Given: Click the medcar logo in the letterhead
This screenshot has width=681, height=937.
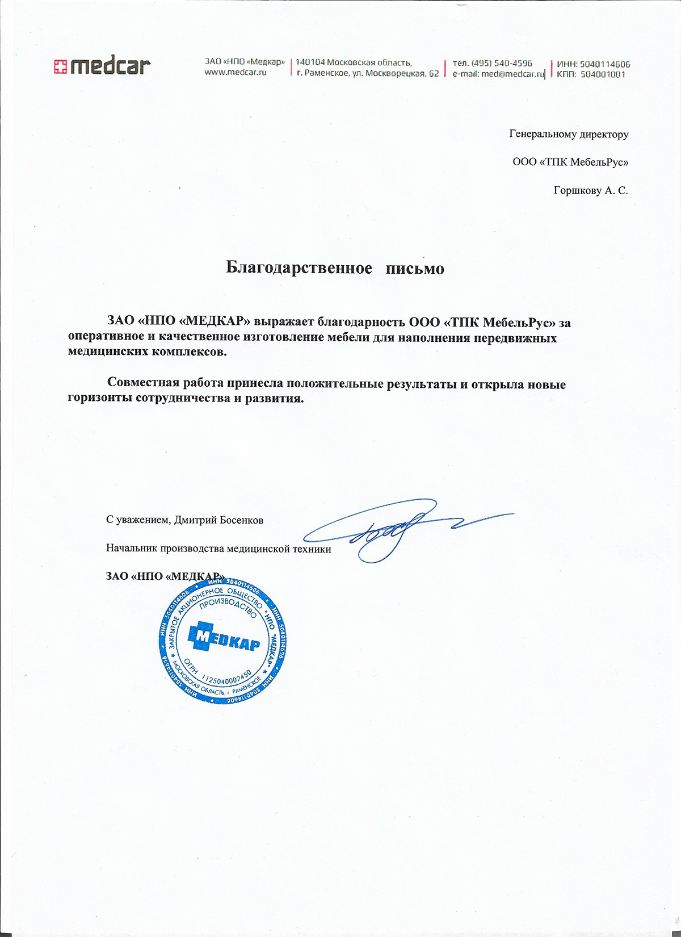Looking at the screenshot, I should coord(102,66).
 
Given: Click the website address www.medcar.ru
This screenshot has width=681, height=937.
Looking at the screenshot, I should coord(236,73).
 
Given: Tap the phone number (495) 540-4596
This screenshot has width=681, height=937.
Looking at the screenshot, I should coord(502,63).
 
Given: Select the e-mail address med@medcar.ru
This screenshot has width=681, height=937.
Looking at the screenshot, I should coord(512,74).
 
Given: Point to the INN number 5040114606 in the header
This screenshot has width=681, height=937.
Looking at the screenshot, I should coord(605,64).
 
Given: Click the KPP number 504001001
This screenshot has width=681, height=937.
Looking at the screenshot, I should coord(603,74).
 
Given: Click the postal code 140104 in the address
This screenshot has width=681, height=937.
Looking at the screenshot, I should coord(310,62).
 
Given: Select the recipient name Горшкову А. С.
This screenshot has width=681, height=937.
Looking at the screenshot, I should coord(591,190).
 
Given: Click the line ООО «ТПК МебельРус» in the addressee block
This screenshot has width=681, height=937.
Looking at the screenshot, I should coord(570,162).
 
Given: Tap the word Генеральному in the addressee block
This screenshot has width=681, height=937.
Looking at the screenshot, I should coord(541,135).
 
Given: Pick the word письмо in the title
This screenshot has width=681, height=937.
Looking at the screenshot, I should coord(415,268).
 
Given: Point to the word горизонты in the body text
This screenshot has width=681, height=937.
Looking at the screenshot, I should coord(100,398).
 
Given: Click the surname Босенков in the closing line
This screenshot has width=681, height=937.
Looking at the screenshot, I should coord(241,520).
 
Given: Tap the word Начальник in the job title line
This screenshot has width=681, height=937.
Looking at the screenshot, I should coord(132,549).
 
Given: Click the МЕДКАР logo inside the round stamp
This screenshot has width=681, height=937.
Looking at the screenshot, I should coord(224,640).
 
